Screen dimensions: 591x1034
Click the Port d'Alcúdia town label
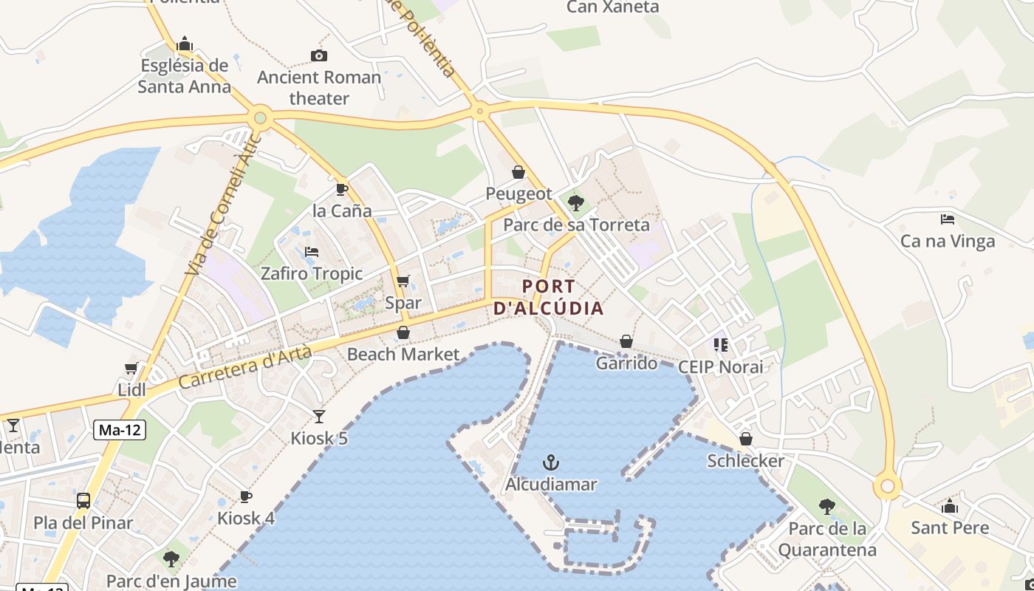(x=549, y=297)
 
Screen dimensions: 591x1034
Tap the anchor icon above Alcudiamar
(x=551, y=463)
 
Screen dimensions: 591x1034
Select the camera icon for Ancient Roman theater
(x=319, y=55)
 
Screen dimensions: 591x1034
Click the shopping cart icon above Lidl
(x=131, y=368)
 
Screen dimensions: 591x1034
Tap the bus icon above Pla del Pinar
(x=83, y=501)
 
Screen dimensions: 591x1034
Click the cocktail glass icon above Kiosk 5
(x=319, y=417)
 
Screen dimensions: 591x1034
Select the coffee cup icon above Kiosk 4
(x=246, y=496)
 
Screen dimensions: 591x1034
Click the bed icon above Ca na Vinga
(x=948, y=219)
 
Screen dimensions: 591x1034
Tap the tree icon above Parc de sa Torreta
(x=576, y=202)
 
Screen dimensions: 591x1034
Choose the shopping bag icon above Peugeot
(x=518, y=172)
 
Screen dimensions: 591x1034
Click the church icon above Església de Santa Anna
(x=185, y=44)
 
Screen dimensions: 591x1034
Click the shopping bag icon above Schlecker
(x=746, y=439)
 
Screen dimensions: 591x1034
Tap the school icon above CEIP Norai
(x=720, y=344)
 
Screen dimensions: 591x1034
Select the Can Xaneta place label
(x=612, y=7)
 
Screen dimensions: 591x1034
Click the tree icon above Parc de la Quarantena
(x=827, y=507)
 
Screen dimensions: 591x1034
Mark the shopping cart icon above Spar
(x=403, y=281)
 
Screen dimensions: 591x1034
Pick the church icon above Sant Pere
(x=950, y=506)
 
